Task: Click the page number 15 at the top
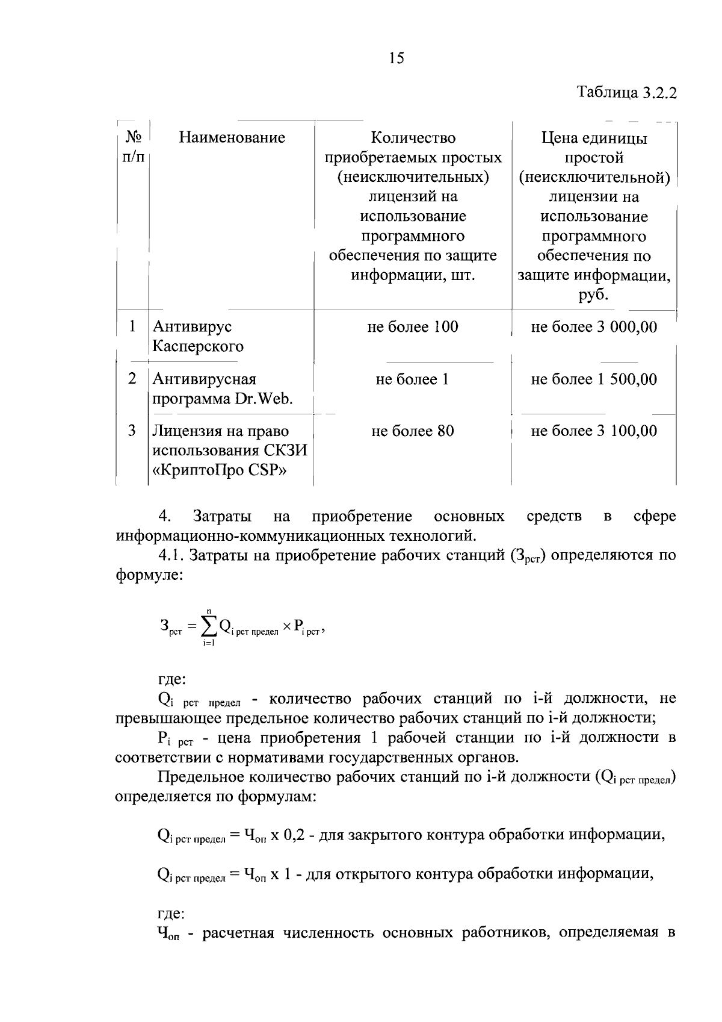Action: pyautogui.click(x=396, y=58)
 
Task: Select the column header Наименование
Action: pyautogui.click(x=232, y=138)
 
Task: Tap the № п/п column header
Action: pyautogui.click(x=133, y=147)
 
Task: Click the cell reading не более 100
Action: pyautogui.click(x=413, y=327)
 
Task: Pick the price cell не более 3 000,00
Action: pyautogui.click(x=594, y=327)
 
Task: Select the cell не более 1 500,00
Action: pyautogui.click(x=594, y=379)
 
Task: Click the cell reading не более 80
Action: pyautogui.click(x=413, y=431)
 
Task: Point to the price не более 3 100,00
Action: pyautogui.click(x=594, y=431)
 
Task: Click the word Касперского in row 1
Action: pyautogui.click(x=198, y=347)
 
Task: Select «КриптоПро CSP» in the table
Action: pyautogui.click(x=219, y=471)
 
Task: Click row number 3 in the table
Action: pyautogui.click(x=132, y=431)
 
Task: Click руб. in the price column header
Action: pyautogui.click(x=594, y=296)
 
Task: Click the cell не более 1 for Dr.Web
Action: pyautogui.click(x=413, y=379)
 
